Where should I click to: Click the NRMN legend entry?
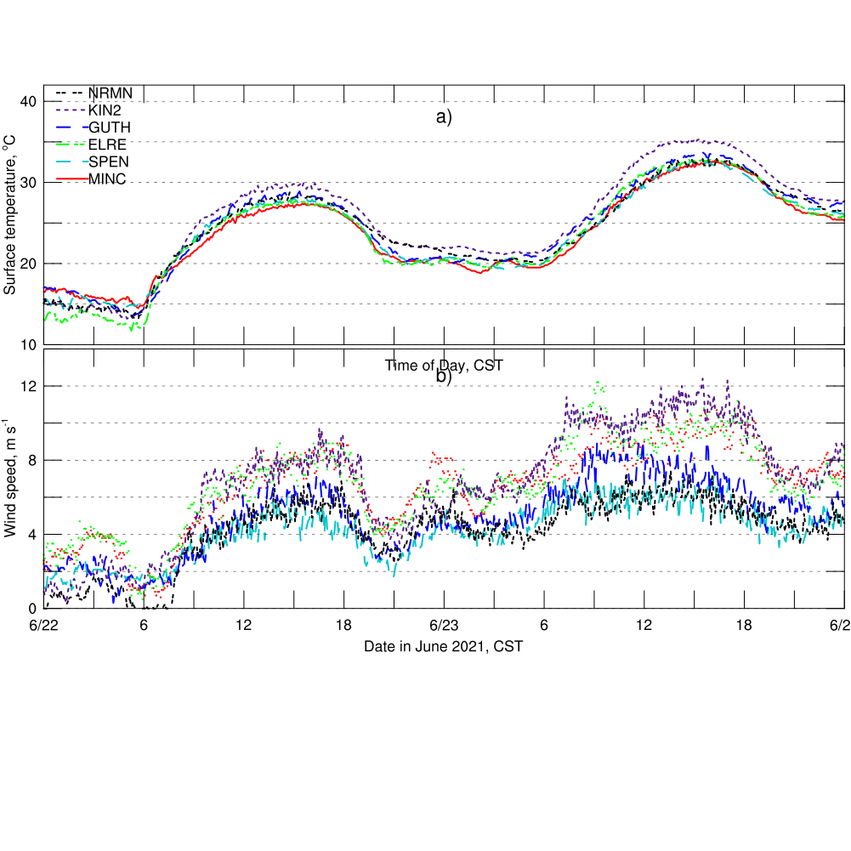(x=110, y=93)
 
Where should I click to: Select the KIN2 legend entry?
(x=105, y=110)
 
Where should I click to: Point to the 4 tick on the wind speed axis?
(x=32, y=534)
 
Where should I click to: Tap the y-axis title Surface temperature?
(x=11, y=215)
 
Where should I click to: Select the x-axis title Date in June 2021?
(x=443, y=646)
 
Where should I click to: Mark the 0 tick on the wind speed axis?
(x=32, y=608)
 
